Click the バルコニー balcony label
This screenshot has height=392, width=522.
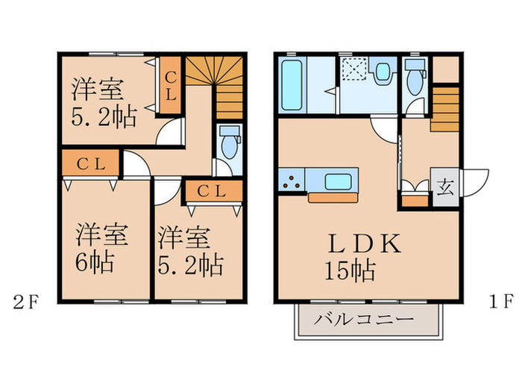(362, 320)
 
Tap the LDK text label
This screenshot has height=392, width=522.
(364, 246)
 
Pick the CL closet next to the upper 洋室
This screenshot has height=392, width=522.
(171, 86)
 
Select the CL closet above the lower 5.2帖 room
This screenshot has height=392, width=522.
(214, 191)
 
